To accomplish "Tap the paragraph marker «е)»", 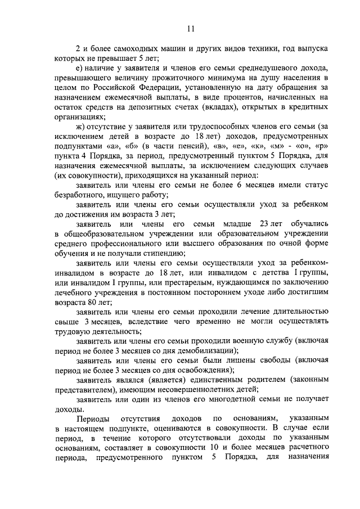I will [80, 68].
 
